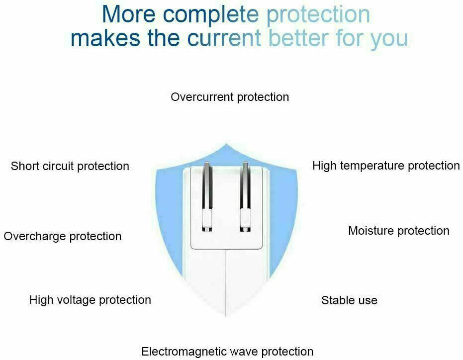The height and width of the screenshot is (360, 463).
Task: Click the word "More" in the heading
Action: tap(128, 14)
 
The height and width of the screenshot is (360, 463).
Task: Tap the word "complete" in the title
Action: tap(211, 15)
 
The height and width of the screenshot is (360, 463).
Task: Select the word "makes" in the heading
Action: tap(105, 38)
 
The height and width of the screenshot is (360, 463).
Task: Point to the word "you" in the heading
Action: tap(389, 40)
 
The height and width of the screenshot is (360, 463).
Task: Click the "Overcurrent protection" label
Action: tap(230, 97)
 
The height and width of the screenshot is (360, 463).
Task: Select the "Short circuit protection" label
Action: tap(70, 166)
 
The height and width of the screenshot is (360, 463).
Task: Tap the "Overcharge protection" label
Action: tap(63, 236)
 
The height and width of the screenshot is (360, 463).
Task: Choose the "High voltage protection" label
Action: tap(90, 300)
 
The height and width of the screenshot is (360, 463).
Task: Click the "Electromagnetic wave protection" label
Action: tap(227, 352)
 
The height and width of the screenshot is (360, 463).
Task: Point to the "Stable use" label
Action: tap(349, 300)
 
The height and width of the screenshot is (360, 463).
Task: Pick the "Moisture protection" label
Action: tap(399, 231)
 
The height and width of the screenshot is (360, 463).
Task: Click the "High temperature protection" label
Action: tap(386, 166)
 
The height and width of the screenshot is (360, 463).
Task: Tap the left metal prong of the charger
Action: tap(207, 196)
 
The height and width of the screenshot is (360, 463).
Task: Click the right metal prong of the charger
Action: tap(245, 196)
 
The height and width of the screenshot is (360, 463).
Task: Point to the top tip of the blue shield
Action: tap(226, 144)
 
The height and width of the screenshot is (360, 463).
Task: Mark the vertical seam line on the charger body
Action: tap(226, 282)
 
